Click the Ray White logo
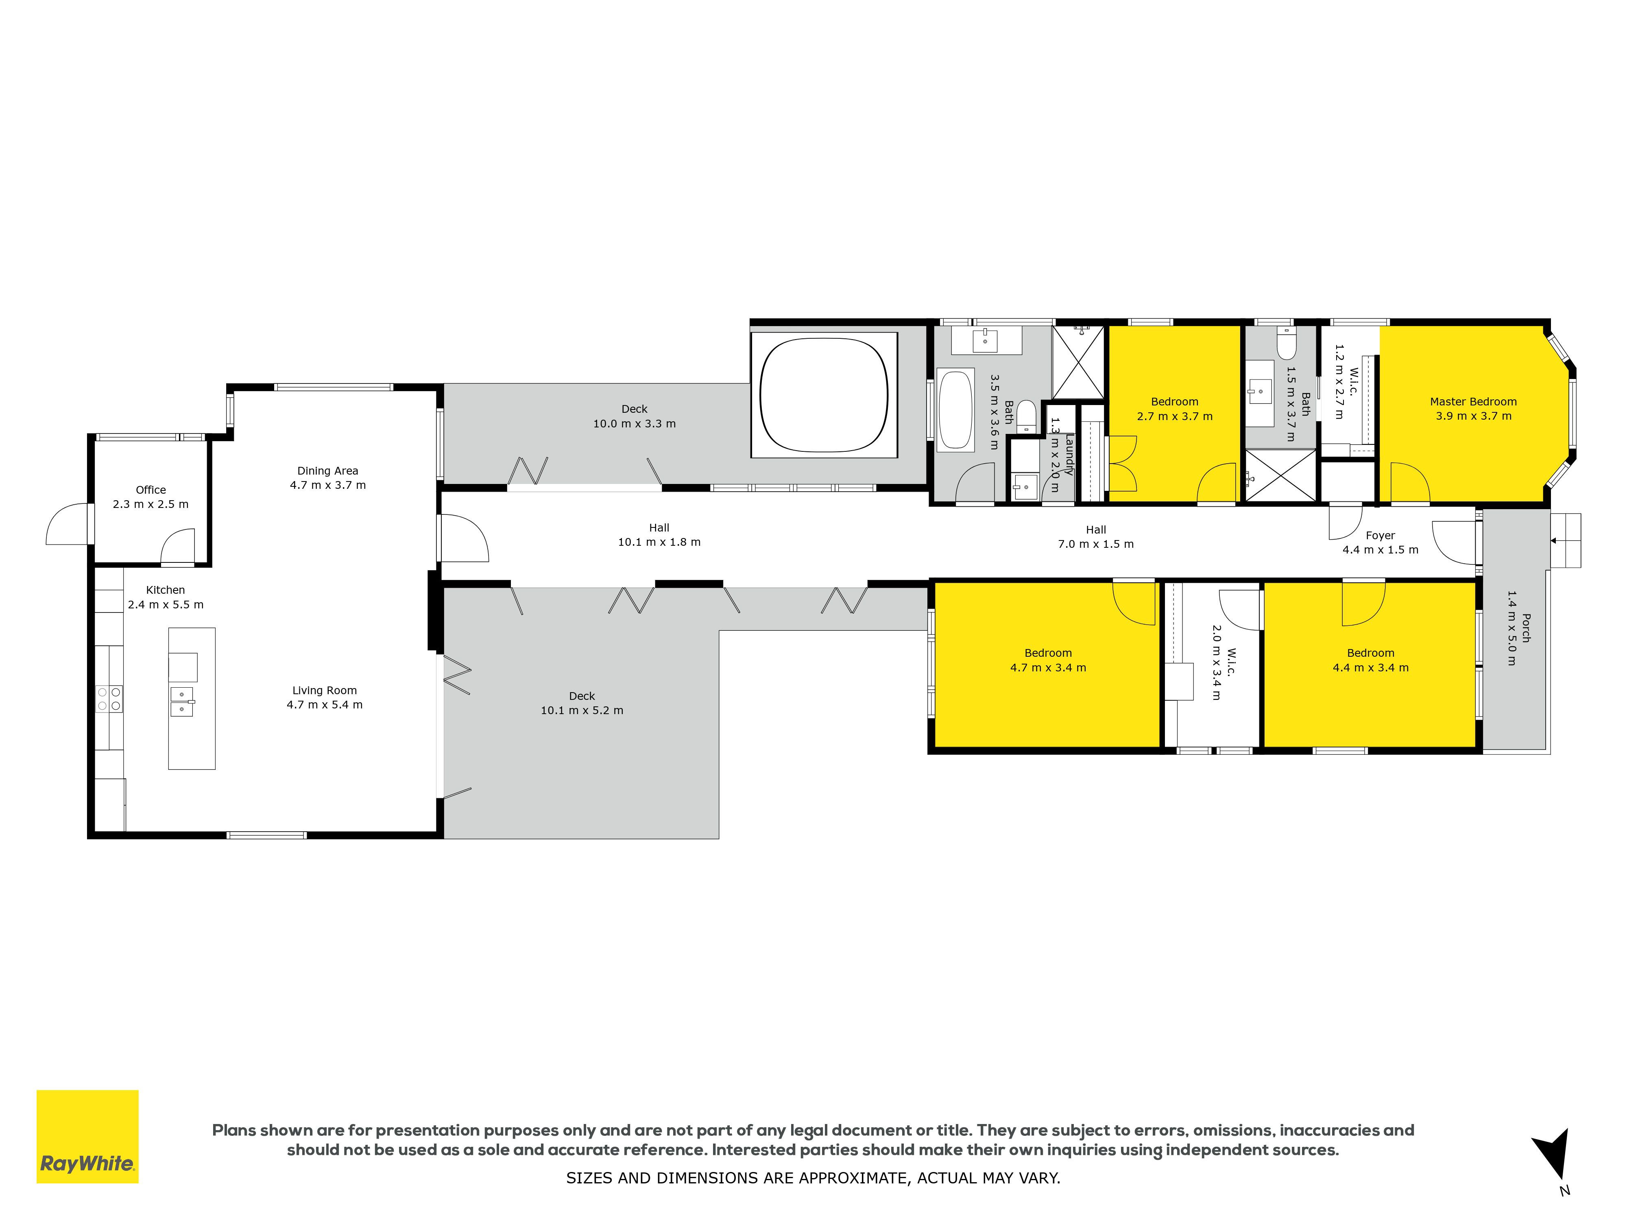tap(87, 1136)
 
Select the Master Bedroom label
tap(1473, 409)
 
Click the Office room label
tap(151, 497)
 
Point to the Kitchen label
tap(166, 597)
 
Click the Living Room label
tap(324, 697)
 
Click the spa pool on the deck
tap(824, 395)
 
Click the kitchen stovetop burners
tap(109, 698)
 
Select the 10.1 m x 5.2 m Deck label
tap(582, 703)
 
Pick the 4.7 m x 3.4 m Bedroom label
tap(1048, 660)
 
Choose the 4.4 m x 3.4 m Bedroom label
tap(1371, 660)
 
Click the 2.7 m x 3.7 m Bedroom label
tap(1175, 409)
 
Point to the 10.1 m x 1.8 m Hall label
tap(659, 535)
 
